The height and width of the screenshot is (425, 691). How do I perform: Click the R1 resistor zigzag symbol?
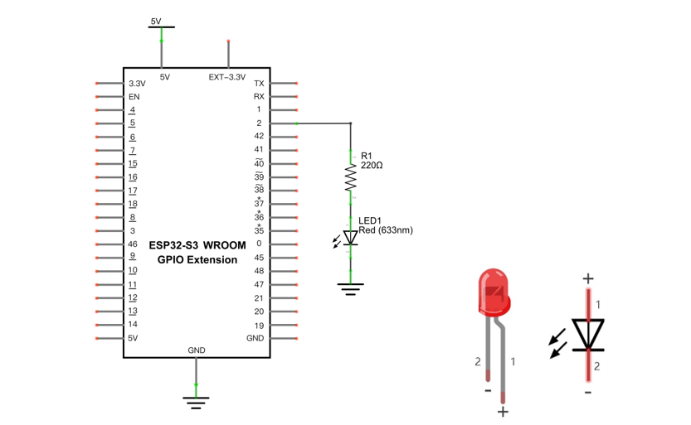(x=350, y=178)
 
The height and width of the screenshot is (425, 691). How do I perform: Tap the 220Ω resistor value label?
(x=372, y=166)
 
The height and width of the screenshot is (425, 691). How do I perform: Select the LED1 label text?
(x=370, y=220)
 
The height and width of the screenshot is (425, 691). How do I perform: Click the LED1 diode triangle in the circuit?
(x=350, y=238)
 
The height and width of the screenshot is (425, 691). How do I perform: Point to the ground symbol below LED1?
(x=350, y=289)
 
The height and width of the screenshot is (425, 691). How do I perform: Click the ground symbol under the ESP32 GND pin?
(x=196, y=403)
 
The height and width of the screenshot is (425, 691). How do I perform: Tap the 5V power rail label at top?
(x=156, y=21)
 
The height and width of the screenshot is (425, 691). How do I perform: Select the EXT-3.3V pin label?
(x=227, y=77)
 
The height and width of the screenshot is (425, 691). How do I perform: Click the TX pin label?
(x=259, y=83)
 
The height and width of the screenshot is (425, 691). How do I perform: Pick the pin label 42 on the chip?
(x=259, y=136)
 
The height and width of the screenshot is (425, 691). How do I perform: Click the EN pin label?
(x=134, y=97)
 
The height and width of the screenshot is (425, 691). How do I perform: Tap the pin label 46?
(x=133, y=244)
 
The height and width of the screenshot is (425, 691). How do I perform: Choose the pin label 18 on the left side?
(x=133, y=204)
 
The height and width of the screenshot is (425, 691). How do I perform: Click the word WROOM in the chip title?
(x=224, y=245)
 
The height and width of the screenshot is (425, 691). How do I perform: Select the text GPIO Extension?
(x=197, y=259)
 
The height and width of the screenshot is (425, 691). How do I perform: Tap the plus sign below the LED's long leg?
(x=503, y=412)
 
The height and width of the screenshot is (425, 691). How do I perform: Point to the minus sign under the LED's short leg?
(x=488, y=390)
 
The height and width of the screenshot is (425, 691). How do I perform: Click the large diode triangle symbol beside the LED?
(x=588, y=334)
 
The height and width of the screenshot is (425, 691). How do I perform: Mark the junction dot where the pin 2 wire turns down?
(x=351, y=123)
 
